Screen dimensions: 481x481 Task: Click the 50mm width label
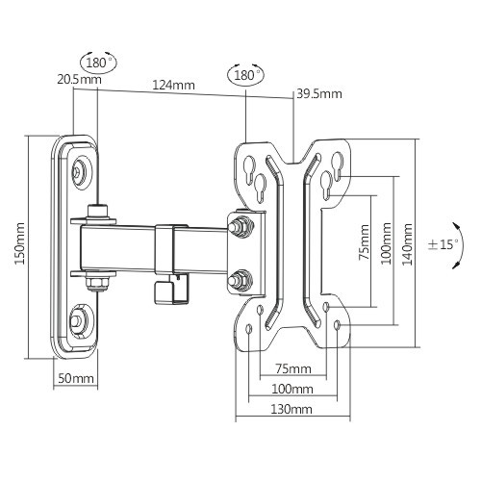point(74,379)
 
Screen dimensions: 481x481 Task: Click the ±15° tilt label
point(443,244)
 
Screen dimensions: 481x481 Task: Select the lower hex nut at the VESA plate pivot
point(240,279)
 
